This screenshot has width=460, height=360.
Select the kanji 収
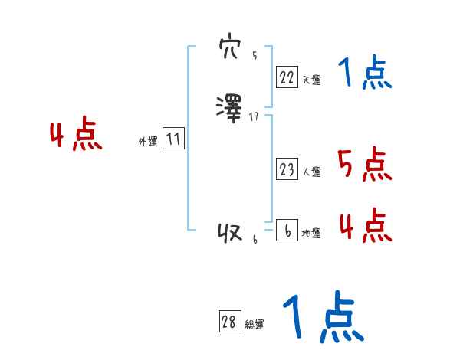(x=230, y=233)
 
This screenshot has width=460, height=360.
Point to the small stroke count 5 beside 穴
(x=255, y=56)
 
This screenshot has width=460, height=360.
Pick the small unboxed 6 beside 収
(x=255, y=241)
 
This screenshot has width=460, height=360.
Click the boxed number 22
(x=287, y=77)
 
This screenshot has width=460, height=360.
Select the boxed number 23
(x=287, y=169)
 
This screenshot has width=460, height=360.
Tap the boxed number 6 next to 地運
(x=287, y=231)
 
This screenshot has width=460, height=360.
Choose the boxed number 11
(x=173, y=139)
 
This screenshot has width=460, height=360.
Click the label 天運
(x=311, y=80)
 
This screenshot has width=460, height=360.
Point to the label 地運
(x=311, y=234)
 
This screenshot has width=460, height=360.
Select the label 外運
(x=148, y=142)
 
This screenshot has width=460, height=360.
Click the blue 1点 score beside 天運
(x=365, y=74)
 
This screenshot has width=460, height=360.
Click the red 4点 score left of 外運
(x=76, y=136)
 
